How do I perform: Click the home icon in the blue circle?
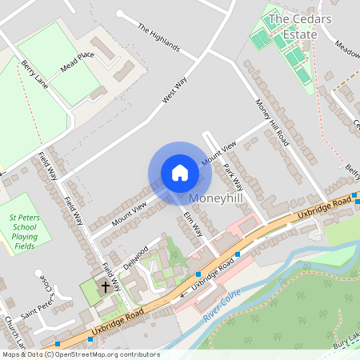point(180,173)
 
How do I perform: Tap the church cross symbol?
point(105,286)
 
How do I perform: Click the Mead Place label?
point(78,62)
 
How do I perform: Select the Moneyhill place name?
point(217,197)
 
